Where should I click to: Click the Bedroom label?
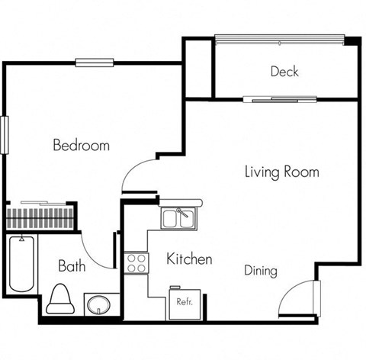[81, 145]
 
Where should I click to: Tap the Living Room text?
[281, 172]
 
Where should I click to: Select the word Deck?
[284, 72]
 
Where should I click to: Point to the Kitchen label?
[189, 259]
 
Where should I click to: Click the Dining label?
[260, 271]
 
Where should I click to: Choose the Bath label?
[72, 266]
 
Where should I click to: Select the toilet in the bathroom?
[58, 300]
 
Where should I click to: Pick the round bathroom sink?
[98, 306]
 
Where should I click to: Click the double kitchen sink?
[179, 218]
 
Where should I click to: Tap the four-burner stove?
[136, 264]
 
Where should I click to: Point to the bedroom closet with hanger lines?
[40, 214]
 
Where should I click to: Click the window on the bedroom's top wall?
[95, 63]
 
